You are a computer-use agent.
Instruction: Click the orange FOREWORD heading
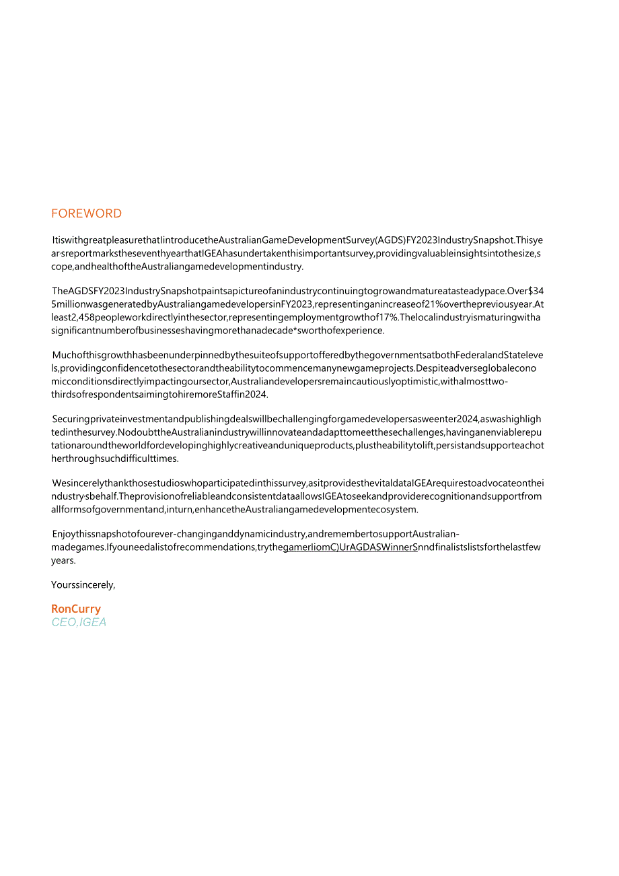tap(86, 213)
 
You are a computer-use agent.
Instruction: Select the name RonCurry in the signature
tap(76, 609)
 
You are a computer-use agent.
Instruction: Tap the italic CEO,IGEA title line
tap(79, 622)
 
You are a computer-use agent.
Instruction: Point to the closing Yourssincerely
tap(83, 584)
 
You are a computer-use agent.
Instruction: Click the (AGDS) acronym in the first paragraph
tap(390, 240)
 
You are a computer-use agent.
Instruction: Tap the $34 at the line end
tap(536, 291)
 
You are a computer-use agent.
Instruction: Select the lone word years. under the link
tap(63, 560)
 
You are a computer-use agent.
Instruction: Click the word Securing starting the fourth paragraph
tap(72, 419)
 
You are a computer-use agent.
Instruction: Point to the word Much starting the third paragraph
tap(65, 355)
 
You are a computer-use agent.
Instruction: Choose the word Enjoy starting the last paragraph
tap(65, 534)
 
